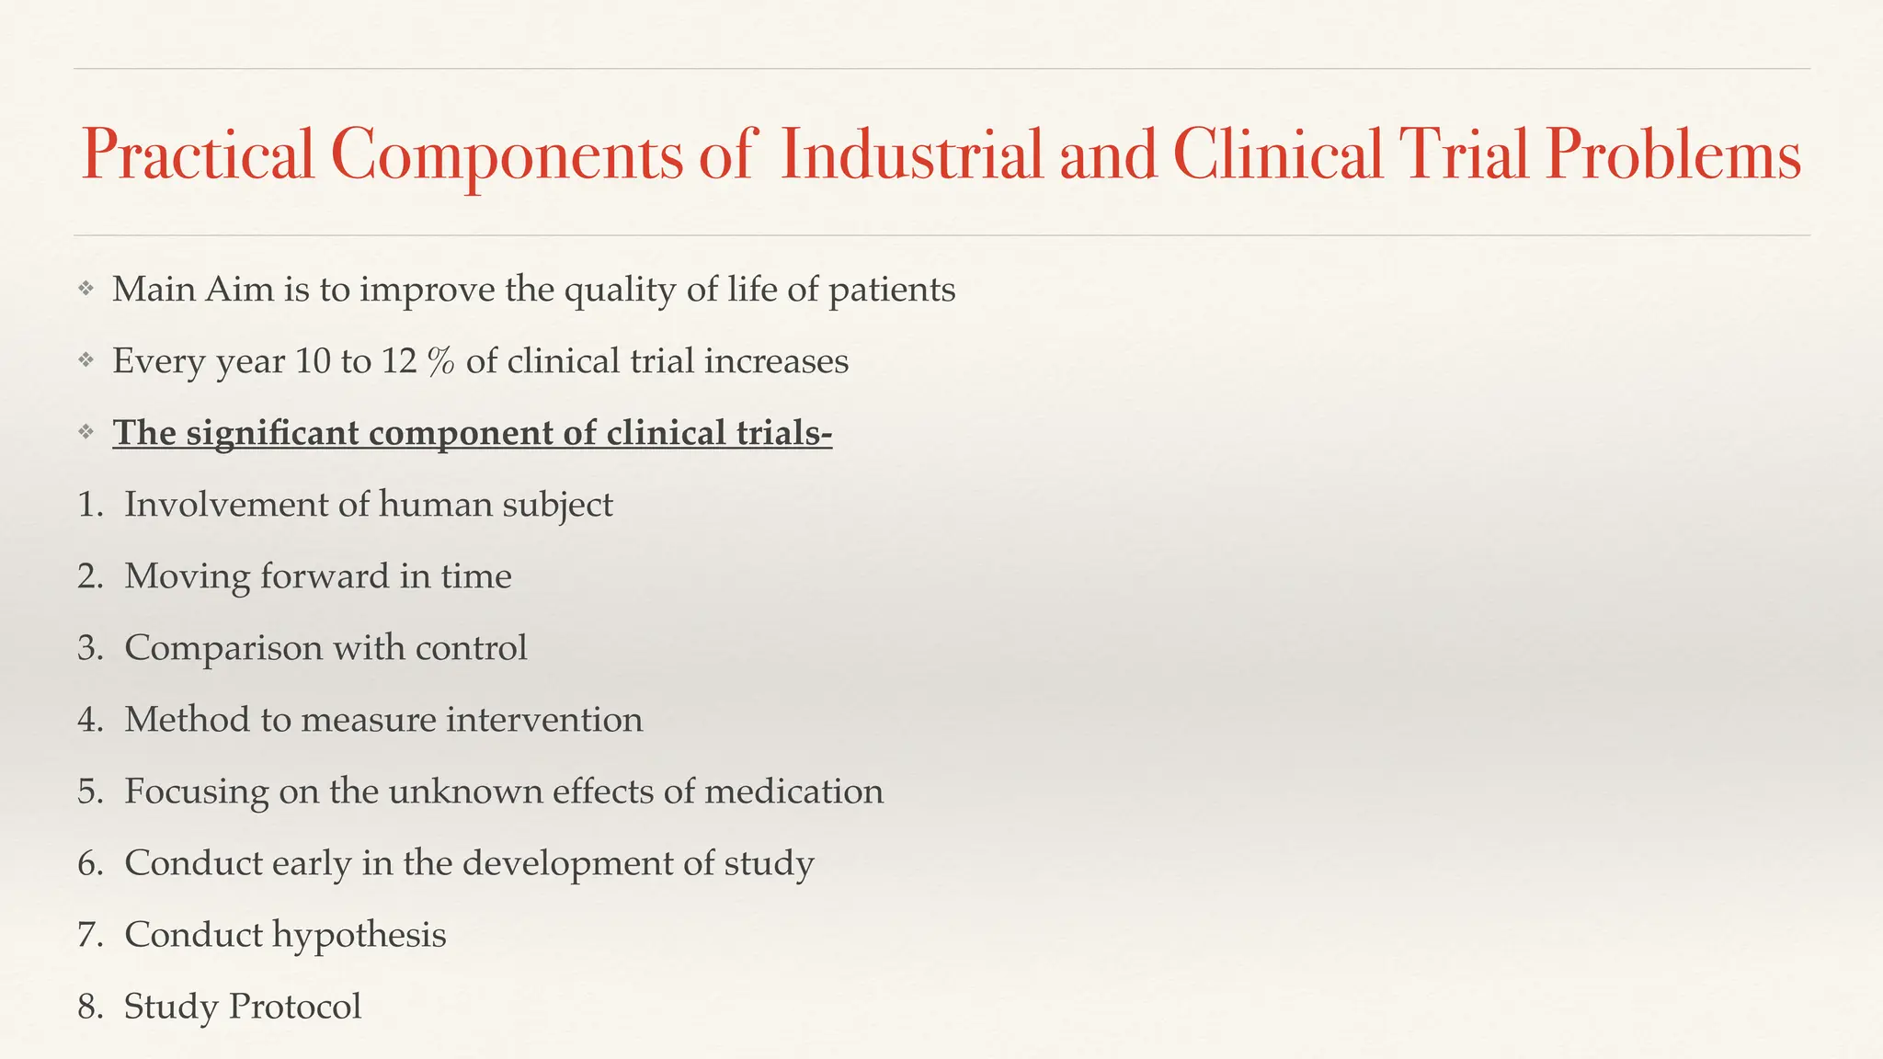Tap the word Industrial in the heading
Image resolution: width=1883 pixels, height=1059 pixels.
click(x=910, y=154)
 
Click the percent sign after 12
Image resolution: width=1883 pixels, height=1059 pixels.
click(x=441, y=361)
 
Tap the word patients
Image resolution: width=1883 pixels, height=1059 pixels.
click(x=892, y=290)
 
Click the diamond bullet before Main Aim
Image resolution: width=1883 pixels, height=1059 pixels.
click(x=86, y=289)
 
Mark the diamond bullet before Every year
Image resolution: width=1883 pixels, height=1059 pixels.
click(x=86, y=360)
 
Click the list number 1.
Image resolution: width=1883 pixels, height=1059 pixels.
click(x=88, y=505)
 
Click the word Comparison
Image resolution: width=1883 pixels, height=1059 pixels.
click(x=223, y=648)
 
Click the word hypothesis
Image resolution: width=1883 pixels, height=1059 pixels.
click(x=359, y=936)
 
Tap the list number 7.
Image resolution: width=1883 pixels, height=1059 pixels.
click(x=88, y=935)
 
